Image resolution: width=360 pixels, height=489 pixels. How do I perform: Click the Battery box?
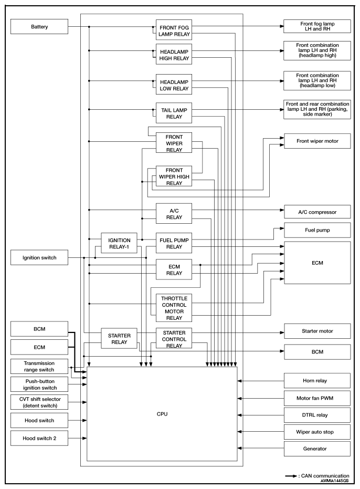(x=39, y=26)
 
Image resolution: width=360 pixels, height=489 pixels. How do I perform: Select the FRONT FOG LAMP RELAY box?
(x=174, y=30)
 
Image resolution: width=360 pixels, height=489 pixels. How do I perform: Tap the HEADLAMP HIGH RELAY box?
(x=174, y=54)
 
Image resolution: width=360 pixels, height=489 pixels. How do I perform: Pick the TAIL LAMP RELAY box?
(x=174, y=113)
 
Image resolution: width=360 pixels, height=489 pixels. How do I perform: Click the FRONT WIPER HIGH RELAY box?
(x=174, y=176)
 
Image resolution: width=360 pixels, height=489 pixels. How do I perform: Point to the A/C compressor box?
(x=317, y=212)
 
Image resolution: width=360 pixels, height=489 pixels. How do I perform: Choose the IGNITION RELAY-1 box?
(x=119, y=243)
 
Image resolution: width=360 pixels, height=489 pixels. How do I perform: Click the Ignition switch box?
(x=39, y=257)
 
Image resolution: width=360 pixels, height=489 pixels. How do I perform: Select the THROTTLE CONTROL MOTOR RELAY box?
(x=174, y=308)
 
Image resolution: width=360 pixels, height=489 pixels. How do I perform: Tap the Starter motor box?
(x=317, y=331)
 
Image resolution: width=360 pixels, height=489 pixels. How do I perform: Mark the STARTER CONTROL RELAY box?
(x=174, y=338)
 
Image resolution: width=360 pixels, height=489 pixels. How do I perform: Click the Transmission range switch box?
(x=39, y=367)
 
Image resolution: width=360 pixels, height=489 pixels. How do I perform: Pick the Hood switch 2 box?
(x=39, y=438)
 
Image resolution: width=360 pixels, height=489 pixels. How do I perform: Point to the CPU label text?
(x=162, y=414)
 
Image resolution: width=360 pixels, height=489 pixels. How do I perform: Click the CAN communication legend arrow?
(x=291, y=476)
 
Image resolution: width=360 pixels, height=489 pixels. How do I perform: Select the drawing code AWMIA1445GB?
(x=334, y=481)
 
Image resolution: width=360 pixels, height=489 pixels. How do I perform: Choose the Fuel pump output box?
(x=317, y=230)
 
